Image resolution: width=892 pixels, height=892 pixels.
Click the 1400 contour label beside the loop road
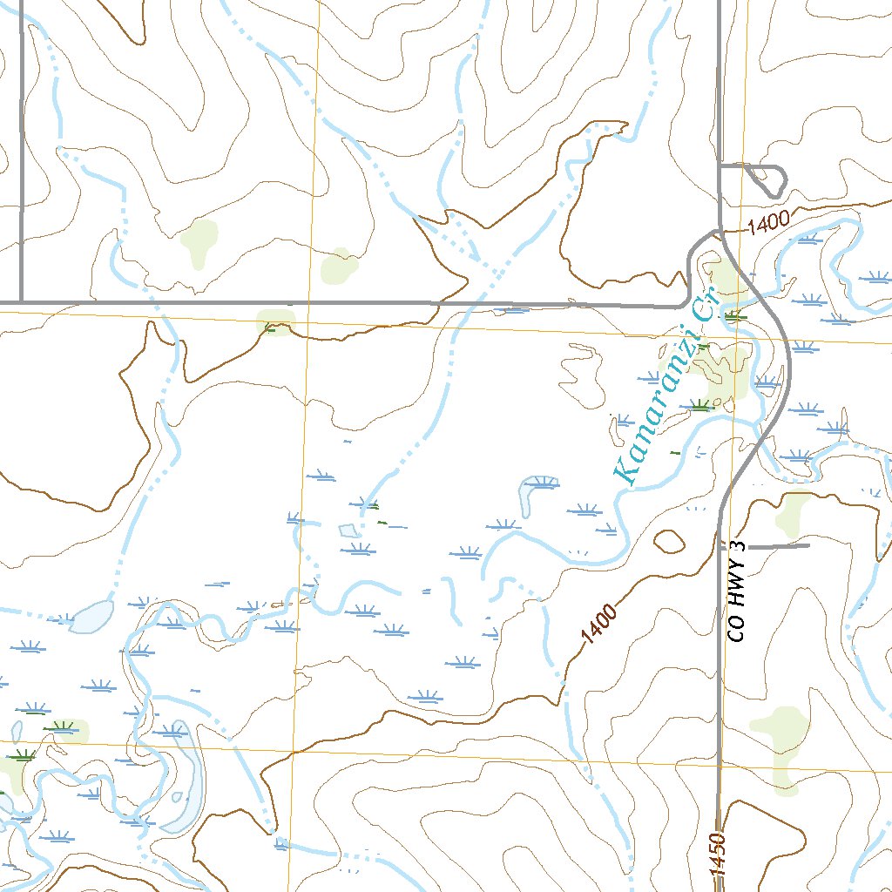[767, 222]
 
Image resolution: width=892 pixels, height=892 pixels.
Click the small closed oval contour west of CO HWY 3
[669, 541]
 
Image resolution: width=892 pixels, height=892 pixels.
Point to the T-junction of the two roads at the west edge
[20, 302]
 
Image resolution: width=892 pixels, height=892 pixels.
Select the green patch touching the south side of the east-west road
[277, 321]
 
